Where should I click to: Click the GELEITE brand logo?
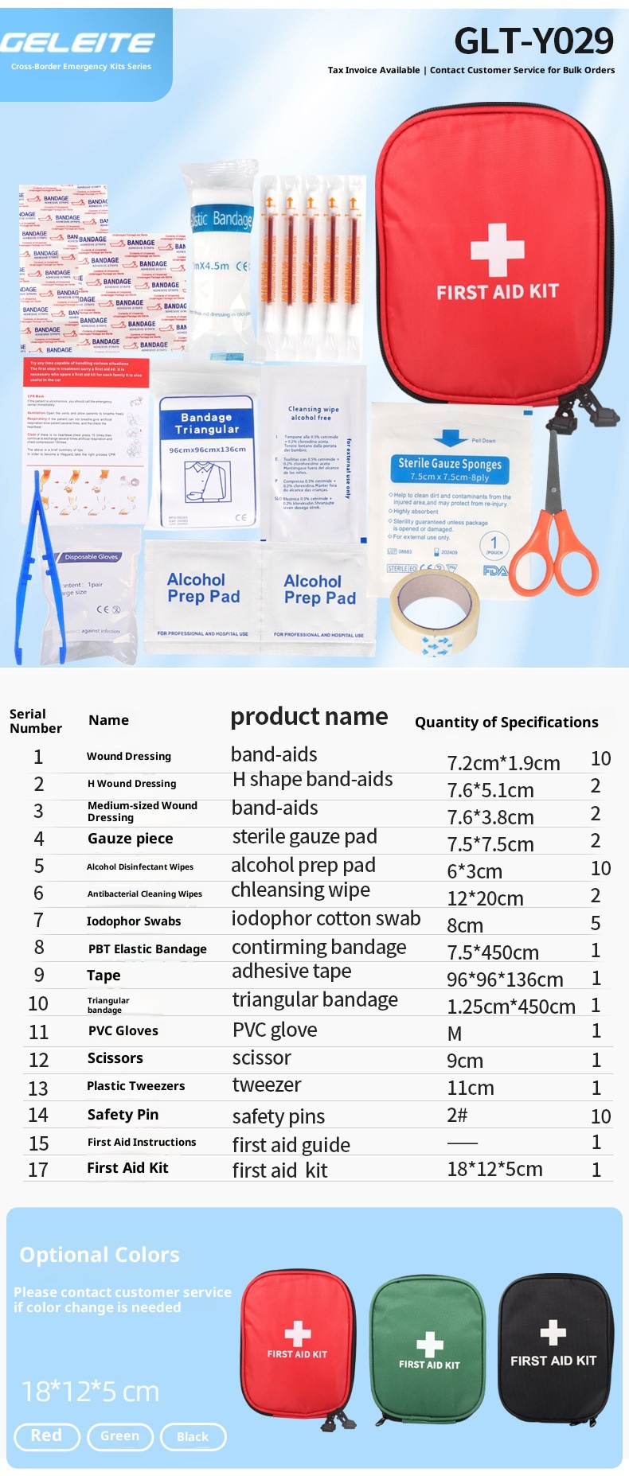(77, 43)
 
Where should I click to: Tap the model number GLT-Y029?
(533, 41)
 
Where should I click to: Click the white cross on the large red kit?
(497, 249)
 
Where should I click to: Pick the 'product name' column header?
(309, 717)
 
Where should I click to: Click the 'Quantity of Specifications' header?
(506, 722)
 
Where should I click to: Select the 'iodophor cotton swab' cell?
(326, 918)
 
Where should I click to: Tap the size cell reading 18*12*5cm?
(494, 1170)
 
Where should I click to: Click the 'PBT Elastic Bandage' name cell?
(147, 948)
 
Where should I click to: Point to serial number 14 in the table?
(38, 1115)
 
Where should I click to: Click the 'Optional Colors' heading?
(100, 1255)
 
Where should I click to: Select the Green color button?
(119, 1436)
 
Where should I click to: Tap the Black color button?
(193, 1437)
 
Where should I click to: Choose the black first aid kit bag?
(554, 1347)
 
